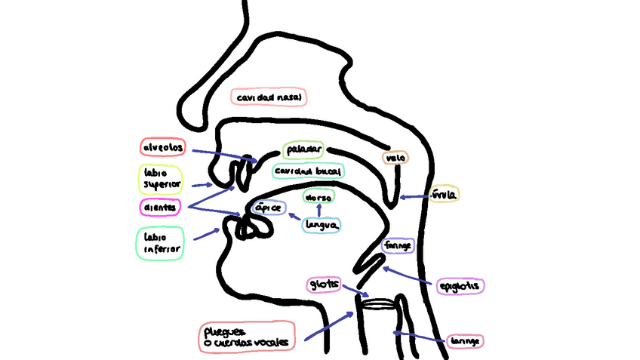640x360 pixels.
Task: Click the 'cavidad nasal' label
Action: (x=269, y=97)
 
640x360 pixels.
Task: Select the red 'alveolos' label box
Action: (x=164, y=146)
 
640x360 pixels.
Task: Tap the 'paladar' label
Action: (x=303, y=149)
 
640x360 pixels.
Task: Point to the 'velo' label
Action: (x=395, y=158)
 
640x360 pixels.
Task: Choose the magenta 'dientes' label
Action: (x=162, y=206)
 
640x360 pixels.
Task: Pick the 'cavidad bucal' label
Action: (x=308, y=171)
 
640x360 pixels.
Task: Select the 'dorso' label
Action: (x=318, y=196)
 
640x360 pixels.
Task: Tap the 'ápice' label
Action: (x=269, y=208)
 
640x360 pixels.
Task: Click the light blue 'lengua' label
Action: (x=322, y=224)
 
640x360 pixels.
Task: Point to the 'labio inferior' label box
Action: (x=160, y=242)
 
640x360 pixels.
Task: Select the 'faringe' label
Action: (x=398, y=246)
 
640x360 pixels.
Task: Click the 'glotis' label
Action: (x=323, y=284)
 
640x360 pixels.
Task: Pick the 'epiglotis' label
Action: (x=460, y=286)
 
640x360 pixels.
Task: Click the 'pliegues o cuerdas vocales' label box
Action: (x=248, y=337)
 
